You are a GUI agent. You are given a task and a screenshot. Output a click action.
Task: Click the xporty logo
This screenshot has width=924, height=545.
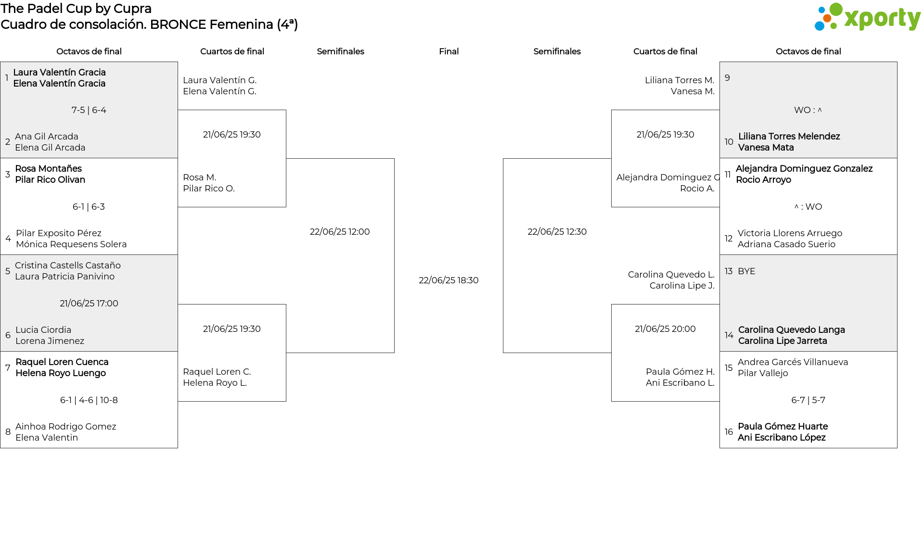tap(867, 17)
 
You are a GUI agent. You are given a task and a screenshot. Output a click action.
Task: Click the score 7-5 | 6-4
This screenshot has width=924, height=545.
tap(89, 110)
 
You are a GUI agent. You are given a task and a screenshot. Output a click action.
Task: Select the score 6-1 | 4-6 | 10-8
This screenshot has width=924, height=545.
tap(89, 400)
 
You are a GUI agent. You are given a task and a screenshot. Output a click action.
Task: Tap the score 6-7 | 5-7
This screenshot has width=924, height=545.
tap(808, 400)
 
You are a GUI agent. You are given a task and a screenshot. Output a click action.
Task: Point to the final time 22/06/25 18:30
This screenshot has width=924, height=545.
tap(449, 280)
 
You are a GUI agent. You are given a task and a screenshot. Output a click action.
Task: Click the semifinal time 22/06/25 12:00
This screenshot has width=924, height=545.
tap(340, 232)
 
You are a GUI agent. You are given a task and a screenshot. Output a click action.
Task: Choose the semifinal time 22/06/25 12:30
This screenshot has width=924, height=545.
tap(557, 232)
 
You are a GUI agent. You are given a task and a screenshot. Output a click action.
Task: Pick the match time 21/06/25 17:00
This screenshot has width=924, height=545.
tap(89, 304)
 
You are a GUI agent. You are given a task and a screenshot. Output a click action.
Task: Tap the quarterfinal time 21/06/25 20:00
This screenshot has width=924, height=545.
tap(665, 329)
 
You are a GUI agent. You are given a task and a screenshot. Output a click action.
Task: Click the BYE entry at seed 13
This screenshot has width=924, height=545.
tap(746, 271)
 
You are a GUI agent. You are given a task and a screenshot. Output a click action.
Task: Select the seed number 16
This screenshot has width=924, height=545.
tap(729, 432)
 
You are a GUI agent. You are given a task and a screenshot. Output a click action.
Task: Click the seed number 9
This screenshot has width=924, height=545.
tap(727, 78)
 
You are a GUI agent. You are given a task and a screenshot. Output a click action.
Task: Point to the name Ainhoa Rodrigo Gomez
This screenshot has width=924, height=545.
tap(66, 427)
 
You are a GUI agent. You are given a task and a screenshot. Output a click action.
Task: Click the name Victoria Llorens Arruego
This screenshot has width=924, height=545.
tap(790, 233)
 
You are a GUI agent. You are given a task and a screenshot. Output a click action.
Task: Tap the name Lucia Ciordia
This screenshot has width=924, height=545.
tap(43, 330)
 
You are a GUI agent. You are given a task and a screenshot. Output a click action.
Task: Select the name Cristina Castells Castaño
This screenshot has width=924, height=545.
tap(68, 266)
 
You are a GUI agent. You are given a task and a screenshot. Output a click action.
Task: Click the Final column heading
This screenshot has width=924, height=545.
tap(449, 51)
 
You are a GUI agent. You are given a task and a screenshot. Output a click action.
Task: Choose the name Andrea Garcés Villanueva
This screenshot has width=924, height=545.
tap(793, 362)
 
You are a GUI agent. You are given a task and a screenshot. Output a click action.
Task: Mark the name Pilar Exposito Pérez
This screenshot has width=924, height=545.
tap(59, 233)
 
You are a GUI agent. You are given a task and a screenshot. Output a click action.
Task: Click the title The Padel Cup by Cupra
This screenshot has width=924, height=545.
tap(76, 9)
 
